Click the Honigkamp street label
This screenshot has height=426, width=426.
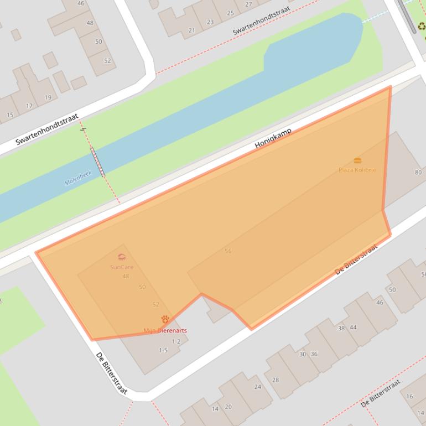pyautogui.click(x=273, y=138)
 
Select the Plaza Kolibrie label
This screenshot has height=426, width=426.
pyautogui.click(x=357, y=170)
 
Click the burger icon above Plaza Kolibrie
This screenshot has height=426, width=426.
pyautogui.click(x=357, y=160)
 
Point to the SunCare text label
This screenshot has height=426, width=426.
pyautogui.click(x=122, y=267)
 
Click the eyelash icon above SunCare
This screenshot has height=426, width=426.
pyautogui.click(x=122, y=257)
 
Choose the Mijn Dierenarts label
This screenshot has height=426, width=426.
pyautogui.click(x=165, y=331)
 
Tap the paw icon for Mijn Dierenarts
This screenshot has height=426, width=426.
pyautogui.click(x=165, y=320)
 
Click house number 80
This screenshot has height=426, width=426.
pyautogui.click(x=418, y=172)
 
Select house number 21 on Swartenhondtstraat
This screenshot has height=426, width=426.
pyautogui.click(x=191, y=30)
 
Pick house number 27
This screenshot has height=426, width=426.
pyautogui.click(x=248, y=4)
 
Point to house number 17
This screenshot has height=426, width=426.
pyautogui.click(x=29, y=106)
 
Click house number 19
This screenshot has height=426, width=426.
pyautogui.click(x=48, y=97)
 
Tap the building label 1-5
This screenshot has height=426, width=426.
pyautogui.click(x=163, y=350)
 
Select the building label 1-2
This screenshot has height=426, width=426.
pyautogui.click(x=176, y=341)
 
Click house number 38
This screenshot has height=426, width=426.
pyautogui.click(x=341, y=328)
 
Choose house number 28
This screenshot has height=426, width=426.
pyautogui.click(x=276, y=380)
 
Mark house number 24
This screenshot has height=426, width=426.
pyautogui.click(x=257, y=387)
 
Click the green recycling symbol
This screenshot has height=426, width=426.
pyautogui.click(x=422, y=26)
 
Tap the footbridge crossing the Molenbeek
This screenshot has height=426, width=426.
pyautogui.click(x=98, y=162)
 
